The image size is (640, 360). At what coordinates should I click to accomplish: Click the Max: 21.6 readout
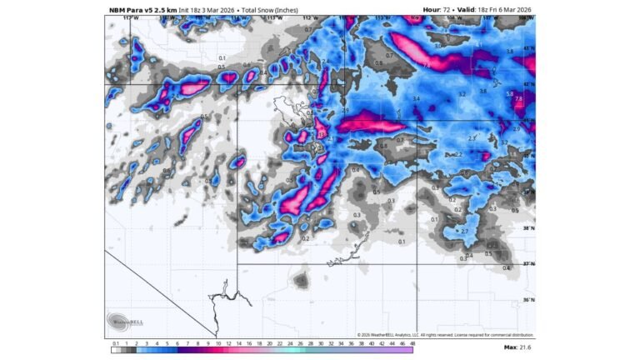click(517, 347)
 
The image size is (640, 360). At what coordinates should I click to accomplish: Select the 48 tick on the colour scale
click(412, 343)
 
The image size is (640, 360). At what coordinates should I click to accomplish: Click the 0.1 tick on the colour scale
click(115, 343)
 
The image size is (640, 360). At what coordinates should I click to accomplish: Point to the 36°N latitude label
click(528, 300)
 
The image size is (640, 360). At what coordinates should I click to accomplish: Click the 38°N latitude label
click(528, 227)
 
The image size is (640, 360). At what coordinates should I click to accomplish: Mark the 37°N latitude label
click(528, 264)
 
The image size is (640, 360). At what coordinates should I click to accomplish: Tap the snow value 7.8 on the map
click(518, 99)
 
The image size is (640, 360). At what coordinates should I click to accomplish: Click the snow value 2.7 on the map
click(465, 231)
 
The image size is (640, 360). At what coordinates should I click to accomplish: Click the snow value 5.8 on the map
click(510, 93)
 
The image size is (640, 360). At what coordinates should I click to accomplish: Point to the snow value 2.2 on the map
click(458, 155)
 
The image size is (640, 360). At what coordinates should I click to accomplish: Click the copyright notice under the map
click(445, 334)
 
